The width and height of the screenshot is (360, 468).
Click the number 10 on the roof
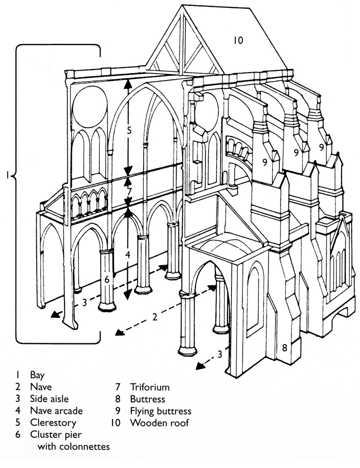click(x=238, y=40)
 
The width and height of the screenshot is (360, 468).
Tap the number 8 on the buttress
click(x=284, y=348)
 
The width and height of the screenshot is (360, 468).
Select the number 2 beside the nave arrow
click(x=155, y=317)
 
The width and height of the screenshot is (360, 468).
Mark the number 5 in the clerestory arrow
click(x=129, y=130)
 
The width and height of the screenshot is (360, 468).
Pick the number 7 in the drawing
click(x=129, y=191)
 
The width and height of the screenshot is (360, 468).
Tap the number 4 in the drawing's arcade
click(x=128, y=255)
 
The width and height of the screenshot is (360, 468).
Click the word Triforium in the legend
click(x=150, y=387)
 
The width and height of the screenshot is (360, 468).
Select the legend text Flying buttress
click(x=161, y=411)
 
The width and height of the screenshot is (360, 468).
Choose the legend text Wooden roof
click(x=159, y=423)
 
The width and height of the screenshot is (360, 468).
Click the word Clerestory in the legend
click(x=53, y=422)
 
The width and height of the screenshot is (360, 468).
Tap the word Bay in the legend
click(x=38, y=375)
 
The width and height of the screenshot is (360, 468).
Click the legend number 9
click(x=118, y=411)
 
